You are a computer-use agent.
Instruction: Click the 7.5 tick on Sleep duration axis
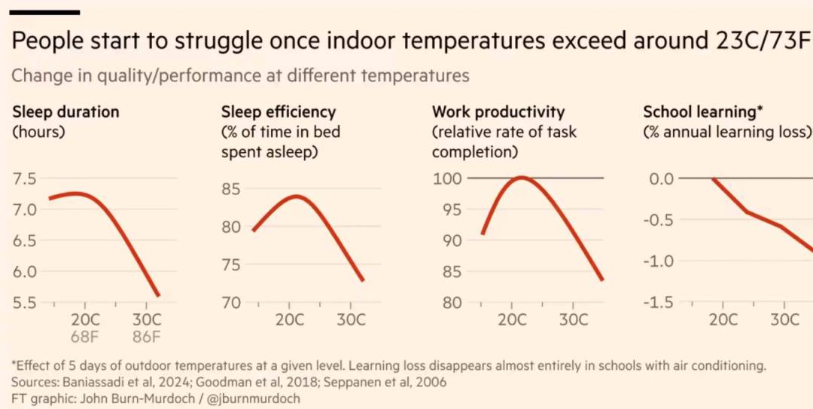(25, 179)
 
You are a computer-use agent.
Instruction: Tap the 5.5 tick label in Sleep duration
(25, 303)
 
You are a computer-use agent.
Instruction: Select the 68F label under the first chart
(85, 335)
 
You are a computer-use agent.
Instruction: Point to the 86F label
(146, 335)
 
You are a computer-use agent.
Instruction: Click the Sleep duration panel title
(65, 112)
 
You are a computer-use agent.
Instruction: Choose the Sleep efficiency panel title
(278, 112)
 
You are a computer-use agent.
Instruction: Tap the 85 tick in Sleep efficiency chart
(231, 188)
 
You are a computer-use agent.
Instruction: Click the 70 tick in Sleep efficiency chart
(231, 303)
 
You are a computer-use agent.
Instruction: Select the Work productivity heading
(498, 112)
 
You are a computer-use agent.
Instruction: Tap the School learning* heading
(703, 112)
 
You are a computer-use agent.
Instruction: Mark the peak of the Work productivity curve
(521, 177)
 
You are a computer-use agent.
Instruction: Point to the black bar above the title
(45, 12)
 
